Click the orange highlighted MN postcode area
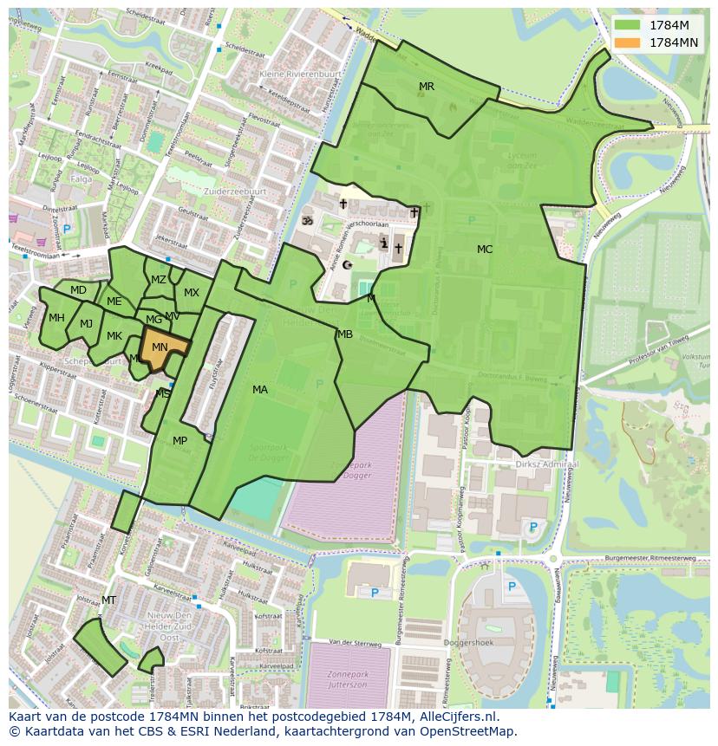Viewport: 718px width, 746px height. click(x=160, y=347)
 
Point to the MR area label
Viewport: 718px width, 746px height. click(x=427, y=87)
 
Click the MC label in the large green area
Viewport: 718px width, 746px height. click(x=485, y=250)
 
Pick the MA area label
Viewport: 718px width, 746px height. click(x=260, y=390)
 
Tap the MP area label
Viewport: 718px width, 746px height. click(x=179, y=441)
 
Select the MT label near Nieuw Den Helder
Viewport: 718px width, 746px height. click(x=108, y=600)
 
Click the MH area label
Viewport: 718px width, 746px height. click(x=56, y=318)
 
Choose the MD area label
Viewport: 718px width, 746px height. click(x=78, y=290)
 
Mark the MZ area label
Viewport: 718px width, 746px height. click(x=159, y=280)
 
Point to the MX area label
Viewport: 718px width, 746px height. click(x=192, y=293)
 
